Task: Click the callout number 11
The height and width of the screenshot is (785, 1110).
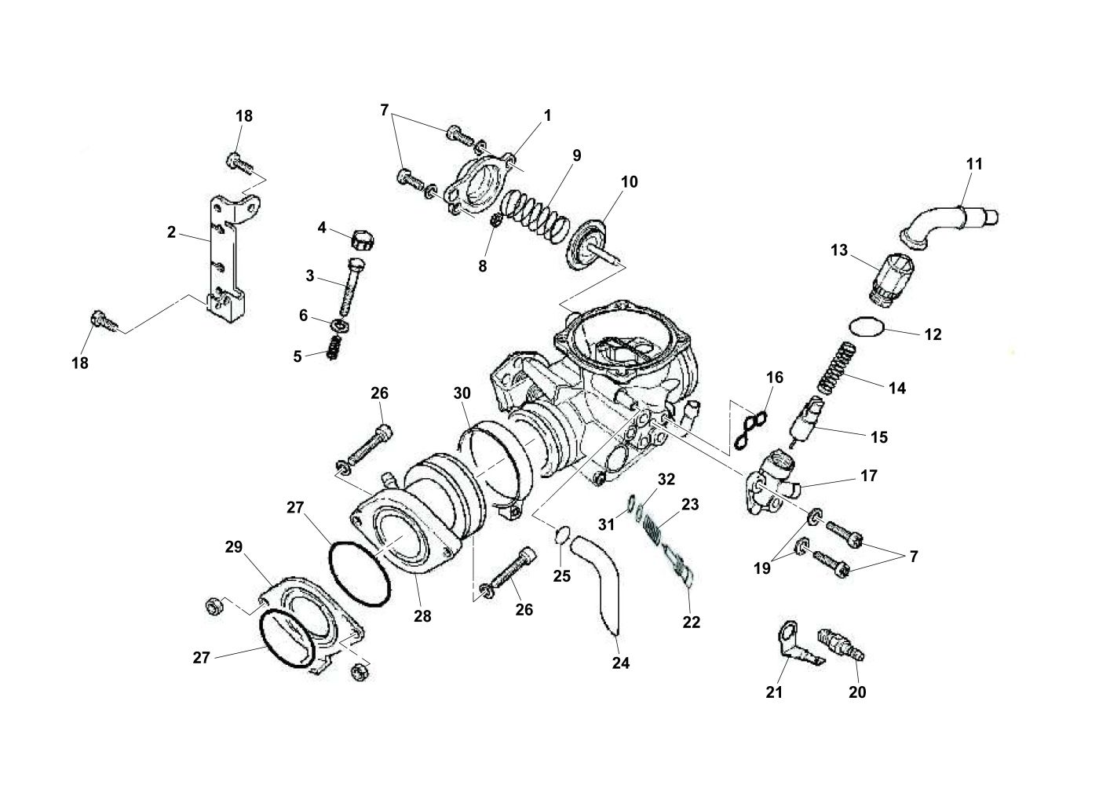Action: coord(974,164)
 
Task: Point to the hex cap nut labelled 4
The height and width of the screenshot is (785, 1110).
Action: coord(363,240)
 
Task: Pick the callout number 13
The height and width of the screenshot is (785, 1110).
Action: coord(839,250)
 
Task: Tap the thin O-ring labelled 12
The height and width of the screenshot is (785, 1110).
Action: coord(867,327)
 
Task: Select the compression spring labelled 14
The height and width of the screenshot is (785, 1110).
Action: coord(836,367)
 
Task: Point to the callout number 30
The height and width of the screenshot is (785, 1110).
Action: coord(462,393)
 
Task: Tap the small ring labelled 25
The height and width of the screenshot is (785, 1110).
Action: coord(562,535)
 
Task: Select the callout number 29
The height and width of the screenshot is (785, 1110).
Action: coord(233,547)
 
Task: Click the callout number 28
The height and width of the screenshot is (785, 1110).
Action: coord(422,616)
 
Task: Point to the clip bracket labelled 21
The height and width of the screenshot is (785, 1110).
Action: coord(800,644)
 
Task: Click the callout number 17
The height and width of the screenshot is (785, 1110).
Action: coord(869,476)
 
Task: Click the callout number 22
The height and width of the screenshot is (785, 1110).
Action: coord(692,622)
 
